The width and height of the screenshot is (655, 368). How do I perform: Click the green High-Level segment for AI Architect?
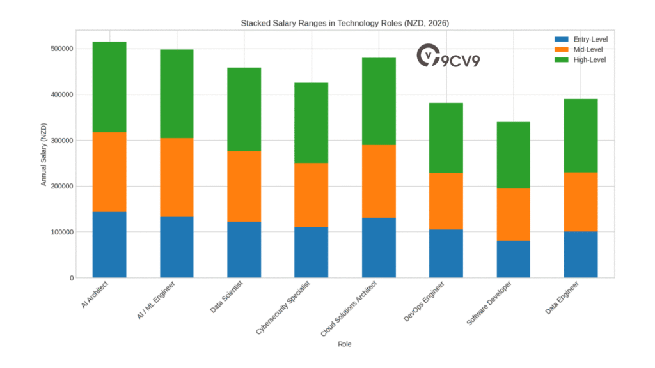coord(109,87)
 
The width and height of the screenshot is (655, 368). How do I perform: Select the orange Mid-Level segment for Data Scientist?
coord(244,186)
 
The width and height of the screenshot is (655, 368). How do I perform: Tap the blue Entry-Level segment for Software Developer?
coord(513,259)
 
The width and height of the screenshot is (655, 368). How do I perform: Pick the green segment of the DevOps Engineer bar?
coord(446,137)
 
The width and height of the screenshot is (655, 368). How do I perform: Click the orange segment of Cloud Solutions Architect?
coord(379,181)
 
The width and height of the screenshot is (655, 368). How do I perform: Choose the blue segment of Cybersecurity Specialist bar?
coord(312,252)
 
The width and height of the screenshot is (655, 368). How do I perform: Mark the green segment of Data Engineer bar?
coord(581,135)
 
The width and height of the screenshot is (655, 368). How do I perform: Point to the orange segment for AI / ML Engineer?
coord(177,177)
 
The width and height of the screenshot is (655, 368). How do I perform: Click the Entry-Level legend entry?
coord(581,40)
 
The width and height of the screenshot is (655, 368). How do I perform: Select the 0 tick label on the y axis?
coord(70,278)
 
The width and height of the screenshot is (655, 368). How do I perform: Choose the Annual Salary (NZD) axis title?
coord(44,153)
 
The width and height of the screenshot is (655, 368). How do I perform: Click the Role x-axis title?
coord(345,344)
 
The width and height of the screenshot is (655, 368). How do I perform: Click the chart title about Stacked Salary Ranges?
coord(345,23)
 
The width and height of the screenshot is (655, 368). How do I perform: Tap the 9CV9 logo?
coord(448,57)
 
